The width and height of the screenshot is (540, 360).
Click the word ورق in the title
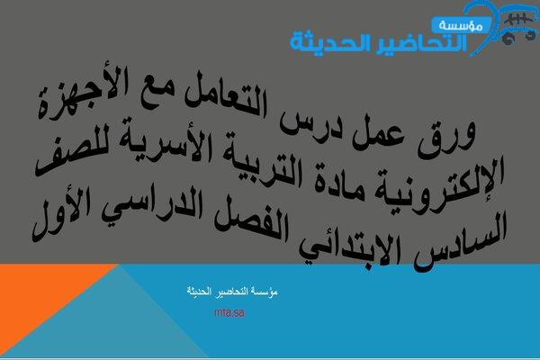(x=447, y=137)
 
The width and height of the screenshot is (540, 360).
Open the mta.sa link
(x=229, y=313)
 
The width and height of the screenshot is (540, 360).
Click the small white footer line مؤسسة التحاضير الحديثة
(x=232, y=291)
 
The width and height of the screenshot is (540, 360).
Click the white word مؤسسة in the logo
(x=461, y=25)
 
